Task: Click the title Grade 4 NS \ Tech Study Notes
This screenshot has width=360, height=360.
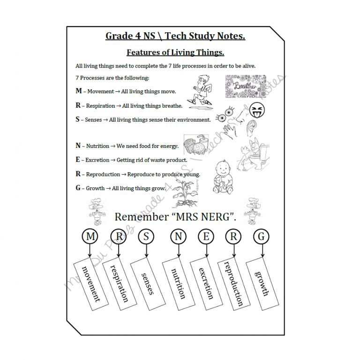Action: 175,36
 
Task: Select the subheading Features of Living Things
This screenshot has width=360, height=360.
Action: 175,52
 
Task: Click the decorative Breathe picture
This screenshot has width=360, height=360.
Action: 245,86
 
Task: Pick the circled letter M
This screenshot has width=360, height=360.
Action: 90,237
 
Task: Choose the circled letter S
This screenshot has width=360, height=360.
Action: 146,237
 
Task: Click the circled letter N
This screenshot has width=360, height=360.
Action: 178,237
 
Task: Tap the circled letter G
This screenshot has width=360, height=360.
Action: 261,237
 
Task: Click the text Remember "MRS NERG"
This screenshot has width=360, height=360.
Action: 175,217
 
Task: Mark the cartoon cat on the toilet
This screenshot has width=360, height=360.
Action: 248,152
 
